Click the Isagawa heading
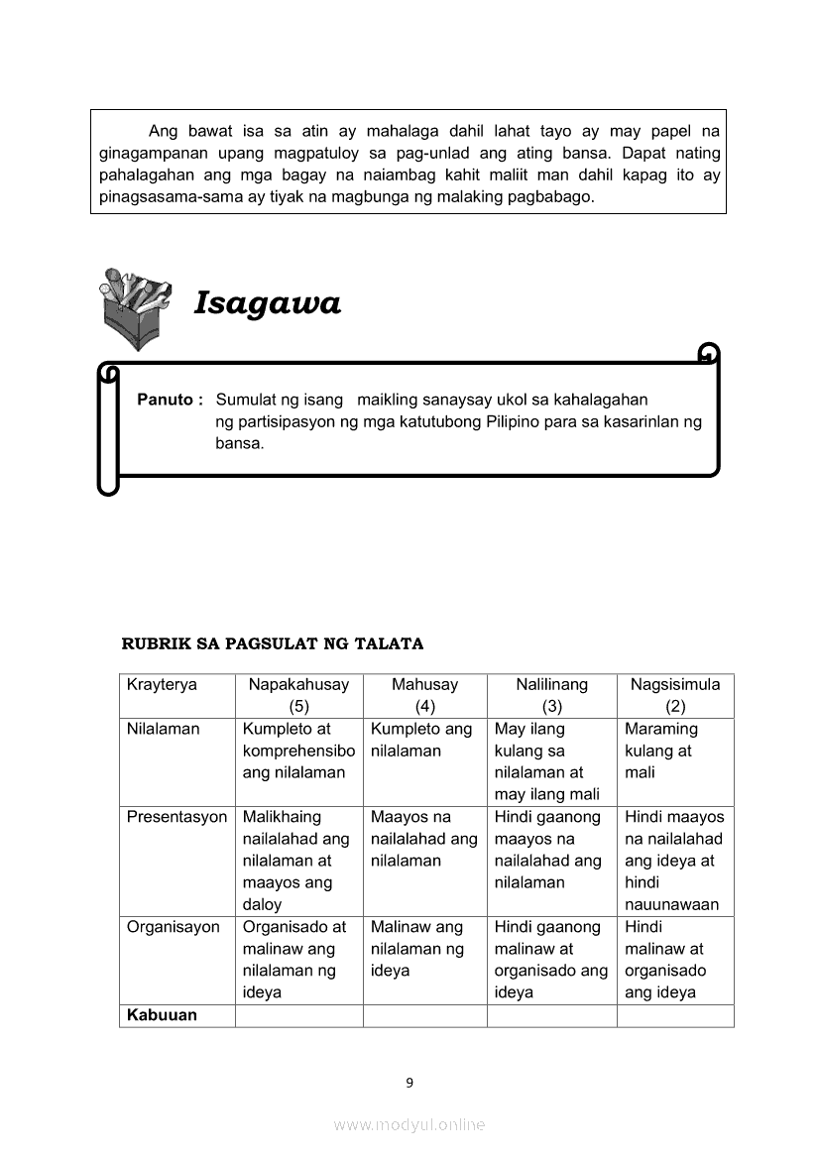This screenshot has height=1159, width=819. tap(267, 302)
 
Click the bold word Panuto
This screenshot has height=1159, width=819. tap(170, 400)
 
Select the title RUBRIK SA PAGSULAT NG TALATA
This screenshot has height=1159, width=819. tap(273, 643)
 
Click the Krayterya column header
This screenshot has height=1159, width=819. tap(162, 685)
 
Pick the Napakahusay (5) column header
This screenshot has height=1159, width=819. tap(298, 695)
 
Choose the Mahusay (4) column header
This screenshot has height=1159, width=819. tap(424, 695)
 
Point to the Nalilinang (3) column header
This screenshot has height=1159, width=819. tap(551, 695)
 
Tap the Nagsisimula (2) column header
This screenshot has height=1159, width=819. tap(674, 695)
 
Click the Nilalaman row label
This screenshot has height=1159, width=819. tap(163, 730)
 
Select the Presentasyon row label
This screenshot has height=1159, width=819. tap(176, 818)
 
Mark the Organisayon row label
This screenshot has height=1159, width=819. tap(173, 928)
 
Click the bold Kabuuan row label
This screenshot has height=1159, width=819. tap(162, 1015)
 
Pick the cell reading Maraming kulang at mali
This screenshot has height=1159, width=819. tap(674, 751)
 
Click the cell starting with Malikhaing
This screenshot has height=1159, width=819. tap(297, 861)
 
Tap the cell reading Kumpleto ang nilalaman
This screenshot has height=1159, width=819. tap(423, 740)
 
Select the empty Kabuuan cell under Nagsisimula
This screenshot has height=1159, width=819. tap(674, 1016)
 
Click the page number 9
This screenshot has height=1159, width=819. tap(409, 1083)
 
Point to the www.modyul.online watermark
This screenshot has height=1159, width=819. tap(409, 1125)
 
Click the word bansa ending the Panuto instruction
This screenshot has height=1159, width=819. tap(239, 443)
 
